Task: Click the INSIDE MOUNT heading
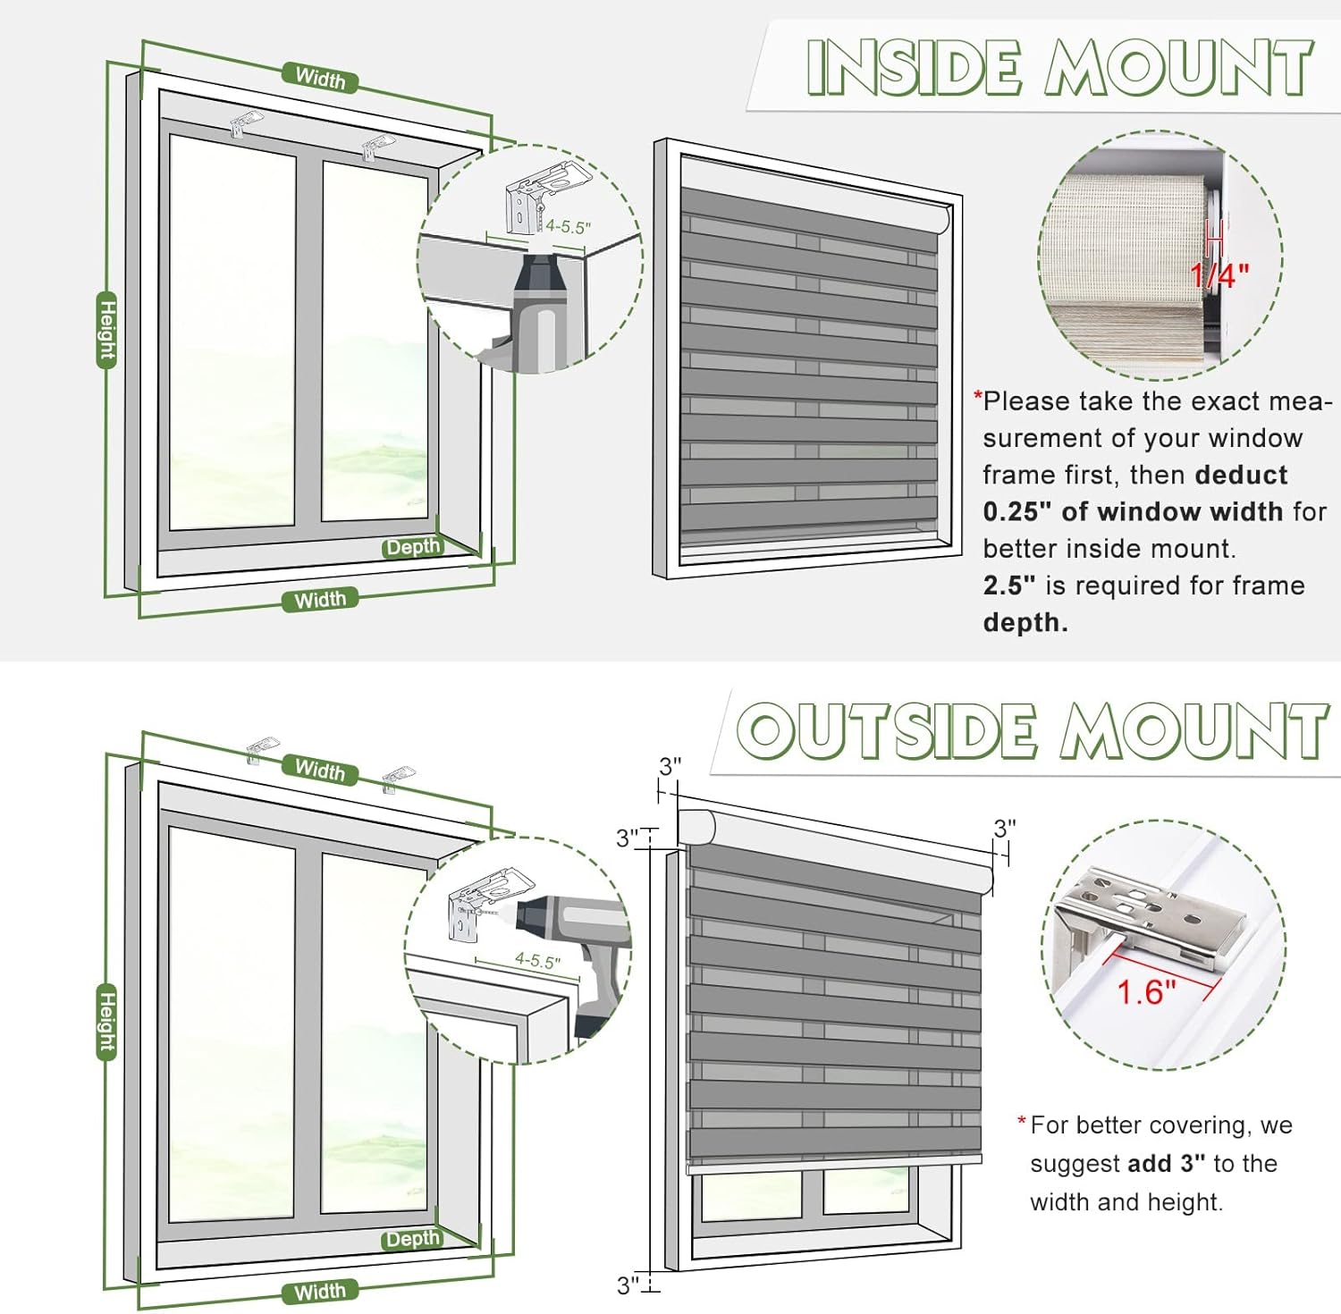point(1059,67)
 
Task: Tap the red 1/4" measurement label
point(1219,275)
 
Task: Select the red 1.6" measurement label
point(1146,991)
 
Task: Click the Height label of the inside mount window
point(107,330)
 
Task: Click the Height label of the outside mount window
point(107,1022)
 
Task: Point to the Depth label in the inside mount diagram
point(412,547)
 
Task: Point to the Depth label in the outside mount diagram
point(412,1239)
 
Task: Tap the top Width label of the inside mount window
point(320,79)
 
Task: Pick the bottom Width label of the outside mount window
point(320,1291)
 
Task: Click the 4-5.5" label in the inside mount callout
point(569,227)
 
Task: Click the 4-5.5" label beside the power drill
point(538,961)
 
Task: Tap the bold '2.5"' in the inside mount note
point(1009,585)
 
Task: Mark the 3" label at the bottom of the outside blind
point(628,1285)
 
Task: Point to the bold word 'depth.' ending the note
point(1025,622)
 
